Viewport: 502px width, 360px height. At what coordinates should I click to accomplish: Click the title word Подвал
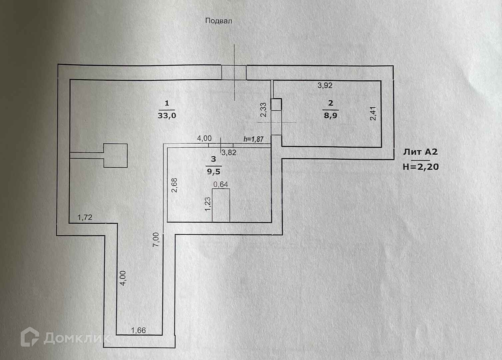click(x=219, y=21)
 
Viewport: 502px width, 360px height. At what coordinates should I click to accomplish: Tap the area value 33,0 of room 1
click(x=167, y=116)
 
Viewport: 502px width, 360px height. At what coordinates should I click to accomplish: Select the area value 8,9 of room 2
click(x=330, y=116)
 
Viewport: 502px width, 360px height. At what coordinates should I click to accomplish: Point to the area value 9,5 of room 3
click(x=214, y=172)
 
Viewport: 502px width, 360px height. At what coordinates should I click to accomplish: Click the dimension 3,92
click(x=325, y=85)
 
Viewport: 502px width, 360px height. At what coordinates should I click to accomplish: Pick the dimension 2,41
click(x=373, y=113)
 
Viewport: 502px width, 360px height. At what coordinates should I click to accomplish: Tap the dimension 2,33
click(x=263, y=109)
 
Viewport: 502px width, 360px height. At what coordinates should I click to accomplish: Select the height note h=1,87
click(x=253, y=139)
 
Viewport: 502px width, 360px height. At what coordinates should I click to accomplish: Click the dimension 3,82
click(x=229, y=153)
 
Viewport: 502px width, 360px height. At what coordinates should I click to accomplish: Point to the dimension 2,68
click(x=174, y=185)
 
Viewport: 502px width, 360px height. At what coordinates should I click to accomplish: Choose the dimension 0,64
click(x=221, y=184)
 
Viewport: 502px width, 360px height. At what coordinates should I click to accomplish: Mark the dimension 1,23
click(x=208, y=204)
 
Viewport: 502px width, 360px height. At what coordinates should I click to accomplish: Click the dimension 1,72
click(x=85, y=218)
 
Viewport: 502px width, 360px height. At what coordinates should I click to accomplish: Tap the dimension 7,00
click(x=156, y=239)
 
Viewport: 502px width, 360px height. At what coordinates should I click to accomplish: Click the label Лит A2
click(x=420, y=152)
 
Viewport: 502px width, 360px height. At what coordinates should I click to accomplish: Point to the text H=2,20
click(x=420, y=166)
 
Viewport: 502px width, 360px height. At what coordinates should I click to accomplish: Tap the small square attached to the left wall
click(x=115, y=155)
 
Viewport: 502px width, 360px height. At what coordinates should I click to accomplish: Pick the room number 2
click(x=330, y=103)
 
